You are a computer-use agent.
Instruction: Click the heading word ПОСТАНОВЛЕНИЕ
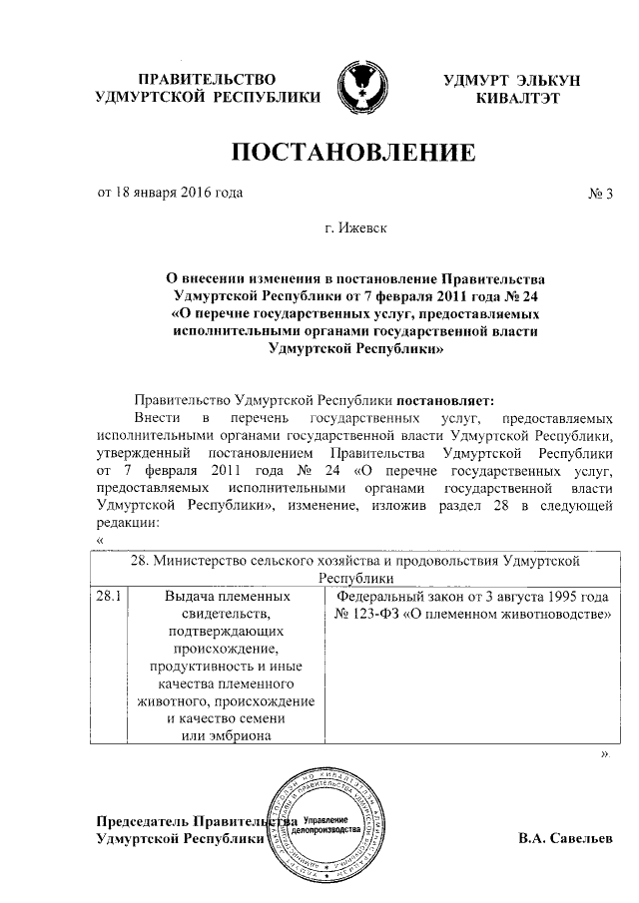click(352, 153)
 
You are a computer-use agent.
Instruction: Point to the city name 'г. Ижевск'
click(357, 228)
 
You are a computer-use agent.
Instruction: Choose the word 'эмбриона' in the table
click(229, 736)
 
